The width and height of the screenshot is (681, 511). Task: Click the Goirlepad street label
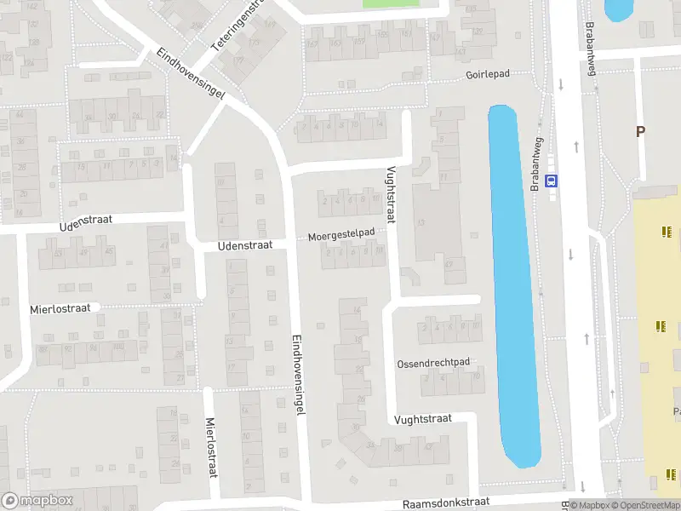[x=487, y=74]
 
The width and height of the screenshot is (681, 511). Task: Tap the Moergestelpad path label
[x=341, y=233]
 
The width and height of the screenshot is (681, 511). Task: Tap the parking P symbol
[x=640, y=132]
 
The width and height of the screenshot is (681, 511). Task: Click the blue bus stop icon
[x=552, y=181]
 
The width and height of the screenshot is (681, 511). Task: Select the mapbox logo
[x=37, y=501]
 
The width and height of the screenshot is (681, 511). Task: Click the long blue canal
[x=512, y=281]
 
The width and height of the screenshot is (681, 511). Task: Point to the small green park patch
[x=391, y=3]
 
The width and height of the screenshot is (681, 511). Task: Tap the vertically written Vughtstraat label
[x=391, y=194]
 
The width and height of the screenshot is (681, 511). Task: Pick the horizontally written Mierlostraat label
[x=60, y=307]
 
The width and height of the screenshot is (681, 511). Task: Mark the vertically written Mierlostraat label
[x=211, y=446]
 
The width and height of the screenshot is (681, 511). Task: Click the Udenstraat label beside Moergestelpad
[x=244, y=244]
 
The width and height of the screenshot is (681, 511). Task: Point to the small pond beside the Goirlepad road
[x=617, y=10]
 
